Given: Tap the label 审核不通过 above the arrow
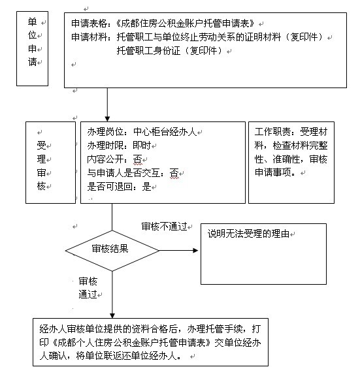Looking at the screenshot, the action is pyautogui.click(x=164, y=227).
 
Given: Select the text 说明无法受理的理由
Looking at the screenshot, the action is pyautogui.click(x=248, y=234).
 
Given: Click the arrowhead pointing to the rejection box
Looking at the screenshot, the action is pyautogui.click(x=195, y=251).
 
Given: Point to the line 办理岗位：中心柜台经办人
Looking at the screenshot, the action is pyautogui.click(x=142, y=132).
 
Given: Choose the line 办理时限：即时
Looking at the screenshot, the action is pyautogui.click(x=119, y=146).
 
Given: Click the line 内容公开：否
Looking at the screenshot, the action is pyautogui.click(x=114, y=159).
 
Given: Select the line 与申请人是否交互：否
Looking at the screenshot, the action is pyautogui.click(x=133, y=173).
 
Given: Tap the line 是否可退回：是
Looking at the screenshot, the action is pyautogui.click(x=119, y=187).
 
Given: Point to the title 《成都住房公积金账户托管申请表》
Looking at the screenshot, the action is pyautogui.click(x=185, y=24).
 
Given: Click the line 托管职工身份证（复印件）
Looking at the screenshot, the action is pyautogui.click(x=169, y=50).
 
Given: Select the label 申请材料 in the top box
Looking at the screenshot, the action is pyautogui.click(x=90, y=37).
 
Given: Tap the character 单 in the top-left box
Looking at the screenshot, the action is pyautogui.click(x=32, y=22).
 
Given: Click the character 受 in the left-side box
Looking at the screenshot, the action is pyautogui.click(x=41, y=146).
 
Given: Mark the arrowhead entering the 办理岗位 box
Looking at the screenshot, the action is pyautogui.click(x=107, y=118).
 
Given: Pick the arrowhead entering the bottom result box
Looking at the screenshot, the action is pyautogui.click(x=112, y=315).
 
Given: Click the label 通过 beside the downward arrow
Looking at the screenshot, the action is pyautogui.click(x=88, y=295).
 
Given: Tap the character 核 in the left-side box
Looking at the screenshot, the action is pyautogui.click(x=41, y=186).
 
